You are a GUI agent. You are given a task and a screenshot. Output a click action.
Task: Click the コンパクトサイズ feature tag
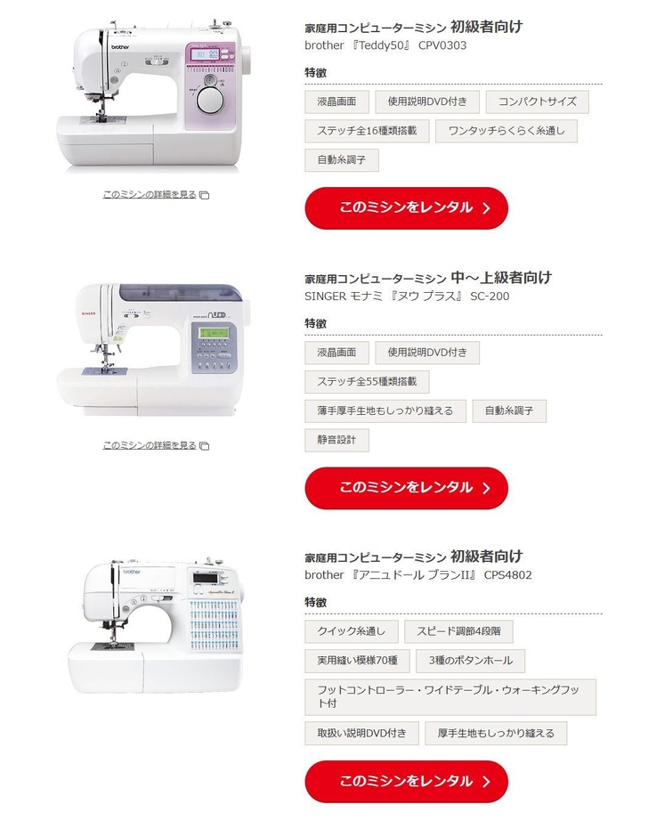[x=537, y=102]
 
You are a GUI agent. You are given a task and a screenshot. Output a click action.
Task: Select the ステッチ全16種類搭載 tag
[x=367, y=131]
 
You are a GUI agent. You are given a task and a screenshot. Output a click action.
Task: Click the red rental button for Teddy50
[x=406, y=207]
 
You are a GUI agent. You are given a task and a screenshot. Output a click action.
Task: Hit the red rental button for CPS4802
[x=406, y=781]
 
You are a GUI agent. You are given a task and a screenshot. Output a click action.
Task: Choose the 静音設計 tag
[x=336, y=440]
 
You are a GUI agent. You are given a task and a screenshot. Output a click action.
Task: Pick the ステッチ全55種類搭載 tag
[x=367, y=382]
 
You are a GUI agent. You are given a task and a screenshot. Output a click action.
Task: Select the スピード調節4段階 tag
[x=458, y=632]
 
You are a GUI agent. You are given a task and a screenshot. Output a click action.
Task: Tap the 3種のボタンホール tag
[x=471, y=661]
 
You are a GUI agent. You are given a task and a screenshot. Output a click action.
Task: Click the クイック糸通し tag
[x=352, y=632]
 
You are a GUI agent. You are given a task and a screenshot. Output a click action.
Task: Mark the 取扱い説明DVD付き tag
[x=361, y=734]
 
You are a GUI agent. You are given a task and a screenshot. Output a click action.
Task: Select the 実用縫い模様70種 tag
[x=357, y=661]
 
